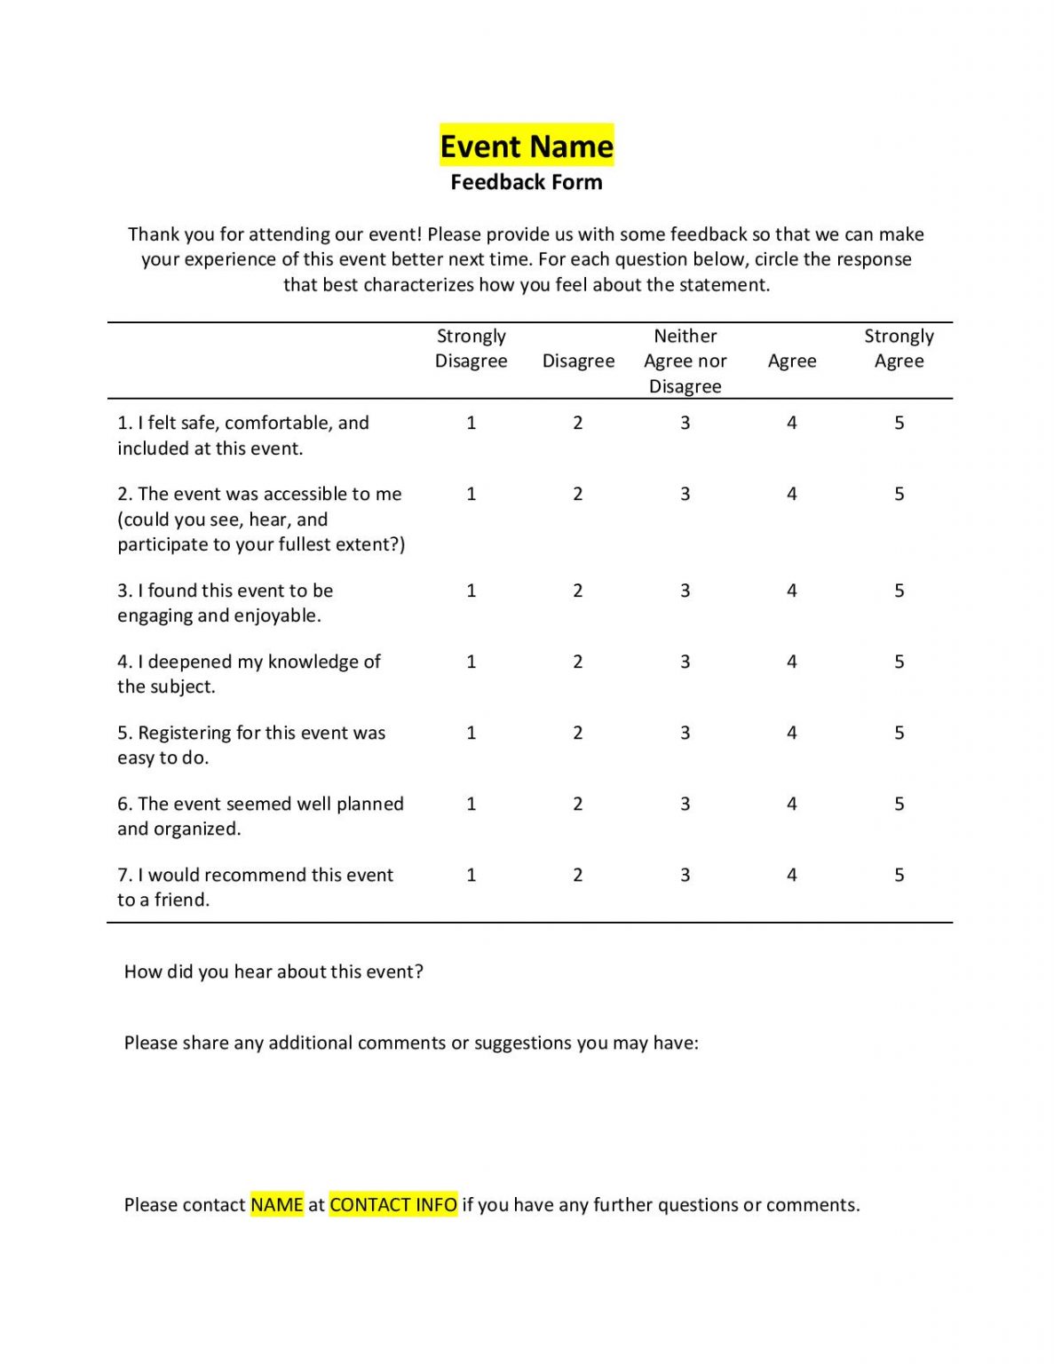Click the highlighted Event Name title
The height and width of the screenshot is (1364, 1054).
tap(527, 146)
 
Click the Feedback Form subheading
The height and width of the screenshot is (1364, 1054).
tap(527, 182)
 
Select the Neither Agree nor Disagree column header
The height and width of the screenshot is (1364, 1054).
tap(685, 361)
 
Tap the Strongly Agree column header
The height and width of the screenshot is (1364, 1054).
tap(899, 348)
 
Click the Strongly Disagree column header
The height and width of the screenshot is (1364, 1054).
tap(471, 348)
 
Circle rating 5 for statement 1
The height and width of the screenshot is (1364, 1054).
tap(899, 423)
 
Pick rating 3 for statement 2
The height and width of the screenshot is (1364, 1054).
tap(685, 494)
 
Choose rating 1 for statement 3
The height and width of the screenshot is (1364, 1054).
tap(471, 591)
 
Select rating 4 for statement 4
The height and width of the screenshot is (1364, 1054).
tap(791, 662)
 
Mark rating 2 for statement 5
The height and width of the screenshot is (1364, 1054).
tap(577, 733)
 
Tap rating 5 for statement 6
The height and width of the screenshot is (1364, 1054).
tap(899, 804)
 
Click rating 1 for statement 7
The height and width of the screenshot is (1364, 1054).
tap(471, 875)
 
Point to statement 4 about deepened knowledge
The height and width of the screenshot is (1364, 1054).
tap(249, 673)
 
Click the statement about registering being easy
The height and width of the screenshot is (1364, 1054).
tap(251, 744)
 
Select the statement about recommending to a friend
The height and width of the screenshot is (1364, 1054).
tap(255, 886)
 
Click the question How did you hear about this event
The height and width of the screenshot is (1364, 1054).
tap(273, 971)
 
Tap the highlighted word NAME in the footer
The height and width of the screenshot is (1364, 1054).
tap(277, 1205)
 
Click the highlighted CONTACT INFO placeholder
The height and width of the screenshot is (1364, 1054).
tap(393, 1205)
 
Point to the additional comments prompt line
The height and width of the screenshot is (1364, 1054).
tap(411, 1043)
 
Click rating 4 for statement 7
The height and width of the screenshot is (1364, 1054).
tap(791, 875)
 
